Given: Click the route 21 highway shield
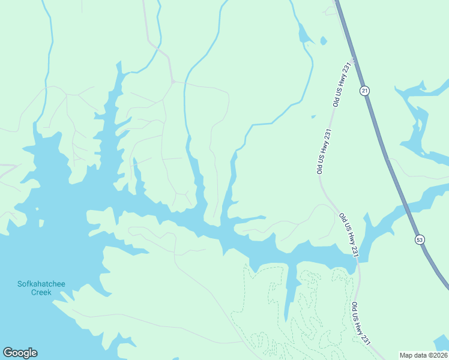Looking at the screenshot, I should [x=364, y=91].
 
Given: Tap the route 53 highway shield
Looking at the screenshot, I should [x=419, y=239].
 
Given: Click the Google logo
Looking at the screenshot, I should [x=20, y=353].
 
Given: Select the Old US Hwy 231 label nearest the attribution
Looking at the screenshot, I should [x=360, y=323].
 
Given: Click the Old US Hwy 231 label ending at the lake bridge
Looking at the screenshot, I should [x=348, y=235].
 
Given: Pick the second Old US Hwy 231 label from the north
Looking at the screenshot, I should [x=324, y=151].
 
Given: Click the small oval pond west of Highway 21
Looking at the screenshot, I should [x=324, y=41].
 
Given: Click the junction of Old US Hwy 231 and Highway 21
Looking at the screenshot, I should [x=353, y=59].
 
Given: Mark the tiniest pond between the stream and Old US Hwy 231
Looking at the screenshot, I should [x=313, y=116].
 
